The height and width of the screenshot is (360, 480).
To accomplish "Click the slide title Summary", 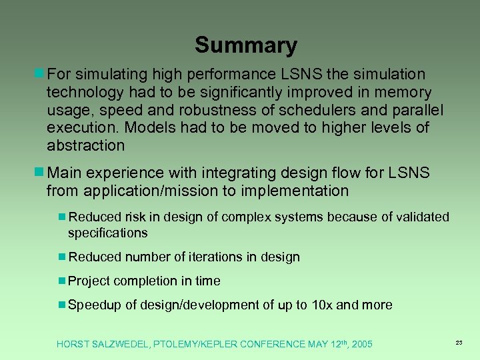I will [245, 45].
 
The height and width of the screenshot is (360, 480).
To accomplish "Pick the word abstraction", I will [85, 145].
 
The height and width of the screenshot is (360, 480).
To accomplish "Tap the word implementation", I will [296, 191].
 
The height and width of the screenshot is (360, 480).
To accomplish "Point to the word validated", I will [419, 217].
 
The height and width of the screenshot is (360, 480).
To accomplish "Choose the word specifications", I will [107, 233].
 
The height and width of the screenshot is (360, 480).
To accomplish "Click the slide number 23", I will [459, 342].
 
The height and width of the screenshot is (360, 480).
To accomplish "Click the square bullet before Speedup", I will [62, 305].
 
